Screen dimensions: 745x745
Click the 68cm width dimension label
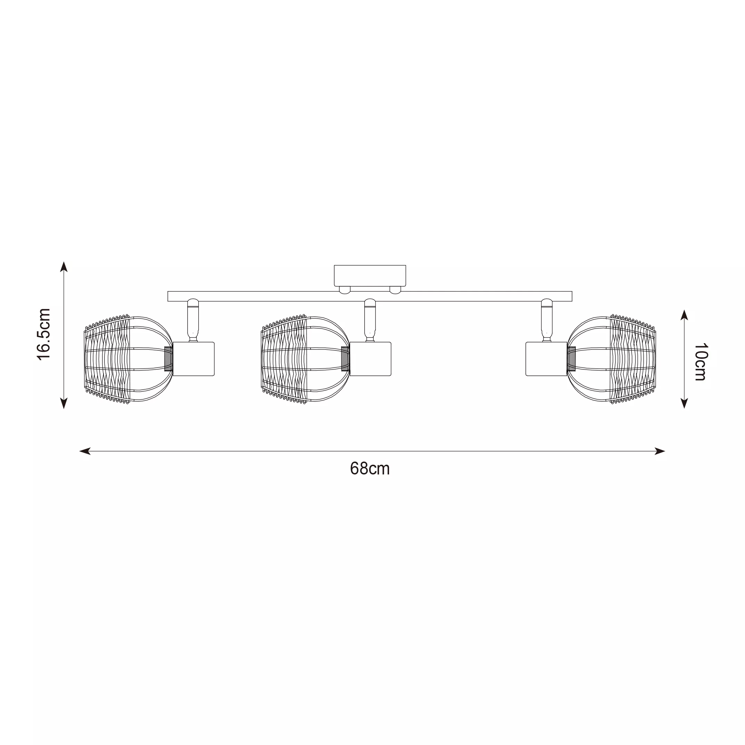pos(370,469)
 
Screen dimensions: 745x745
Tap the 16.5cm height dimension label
pos(43,334)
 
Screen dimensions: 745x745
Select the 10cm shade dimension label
pos(700,362)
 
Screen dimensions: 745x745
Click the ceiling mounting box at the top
pos(370,275)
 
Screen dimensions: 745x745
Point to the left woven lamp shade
pos(128,359)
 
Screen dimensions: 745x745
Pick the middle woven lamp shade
pos(305,359)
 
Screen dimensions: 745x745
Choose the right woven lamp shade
pos(611,359)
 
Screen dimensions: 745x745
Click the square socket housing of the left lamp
pos(193,359)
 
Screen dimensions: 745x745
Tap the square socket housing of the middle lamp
pos(370,359)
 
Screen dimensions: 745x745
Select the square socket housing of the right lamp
pos(546,359)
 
